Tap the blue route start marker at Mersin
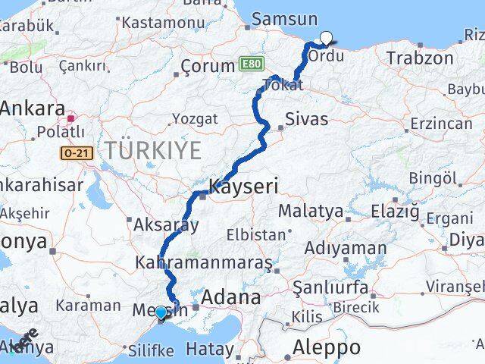(161, 312)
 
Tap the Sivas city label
(307, 119)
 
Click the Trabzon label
(419, 57)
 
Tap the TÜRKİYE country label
(154, 150)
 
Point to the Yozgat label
(195, 119)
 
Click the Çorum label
(207, 67)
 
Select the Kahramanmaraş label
(202, 263)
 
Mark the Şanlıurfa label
(331, 288)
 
